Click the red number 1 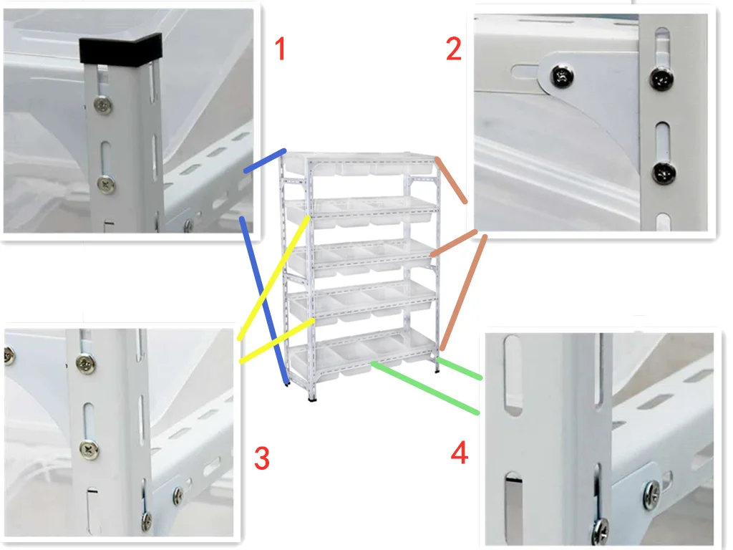(280, 49)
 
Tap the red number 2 (453, 49)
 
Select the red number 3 (262, 458)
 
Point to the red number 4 (460, 453)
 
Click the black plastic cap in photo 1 (120, 48)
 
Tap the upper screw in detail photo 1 (103, 105)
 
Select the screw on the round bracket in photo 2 (563, 76)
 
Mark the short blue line (265, 161)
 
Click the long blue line (264, 301)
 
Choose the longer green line (425, 387)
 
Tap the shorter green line (459, 369)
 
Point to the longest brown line (463, 293)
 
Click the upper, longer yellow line (273, 277)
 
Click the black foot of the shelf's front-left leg (312, 399)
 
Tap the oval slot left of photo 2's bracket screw (525, 72)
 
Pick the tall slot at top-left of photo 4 (513, 375)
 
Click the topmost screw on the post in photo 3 (86, 362)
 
